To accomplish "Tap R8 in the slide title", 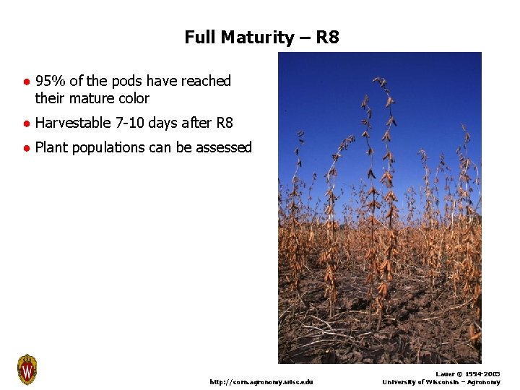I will [327, 37].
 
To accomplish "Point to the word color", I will [133, 98].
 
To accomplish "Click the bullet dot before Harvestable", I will [25, 123].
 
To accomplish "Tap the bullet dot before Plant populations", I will [25, 148].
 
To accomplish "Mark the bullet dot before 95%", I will [25, 82].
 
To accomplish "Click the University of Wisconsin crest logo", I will [27, 370].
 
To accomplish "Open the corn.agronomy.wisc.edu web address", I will [261, 381].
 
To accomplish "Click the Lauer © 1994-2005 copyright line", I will [468, 374].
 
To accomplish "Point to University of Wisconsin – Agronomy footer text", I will [441, 382].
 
